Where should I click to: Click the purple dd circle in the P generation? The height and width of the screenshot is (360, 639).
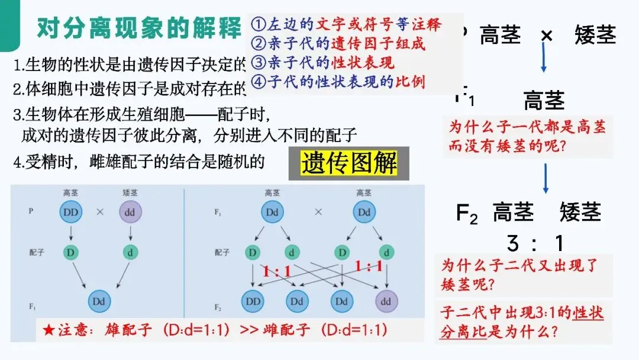pos(131,211)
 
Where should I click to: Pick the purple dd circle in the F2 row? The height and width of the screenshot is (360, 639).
pos(385,301)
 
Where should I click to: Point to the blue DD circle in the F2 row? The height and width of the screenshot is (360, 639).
pos(253,301)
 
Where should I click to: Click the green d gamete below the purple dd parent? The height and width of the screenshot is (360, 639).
pos(131,252)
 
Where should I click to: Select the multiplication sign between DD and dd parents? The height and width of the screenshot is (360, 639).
pos(100,211)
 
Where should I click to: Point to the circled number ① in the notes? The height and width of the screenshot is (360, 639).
pos(257,25)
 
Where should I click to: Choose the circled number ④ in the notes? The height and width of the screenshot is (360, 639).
pos(257,82)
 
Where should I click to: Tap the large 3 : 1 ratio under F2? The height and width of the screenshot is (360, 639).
pos(535,243)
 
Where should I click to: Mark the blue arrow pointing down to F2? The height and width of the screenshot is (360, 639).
pos(545,179)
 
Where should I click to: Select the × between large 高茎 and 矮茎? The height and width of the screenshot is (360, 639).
pos(547,36)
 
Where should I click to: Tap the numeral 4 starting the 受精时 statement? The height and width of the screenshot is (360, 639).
pos(17,161)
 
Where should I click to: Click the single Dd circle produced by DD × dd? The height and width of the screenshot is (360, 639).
pos(101,301)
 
